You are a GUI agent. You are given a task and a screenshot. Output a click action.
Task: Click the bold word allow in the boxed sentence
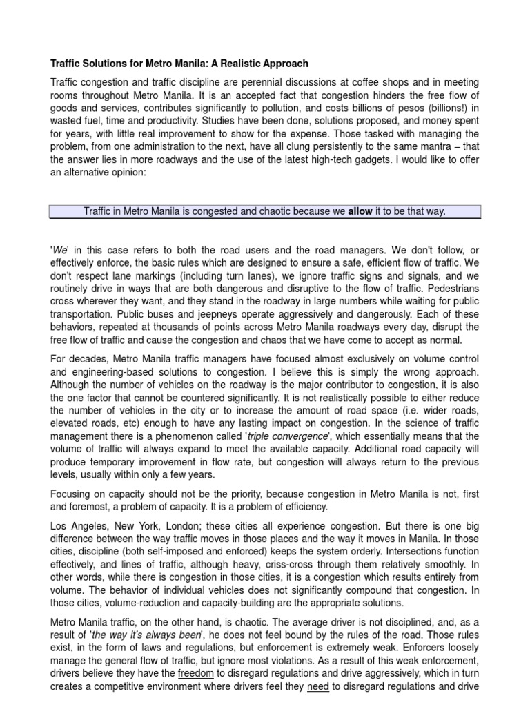point(360,211)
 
